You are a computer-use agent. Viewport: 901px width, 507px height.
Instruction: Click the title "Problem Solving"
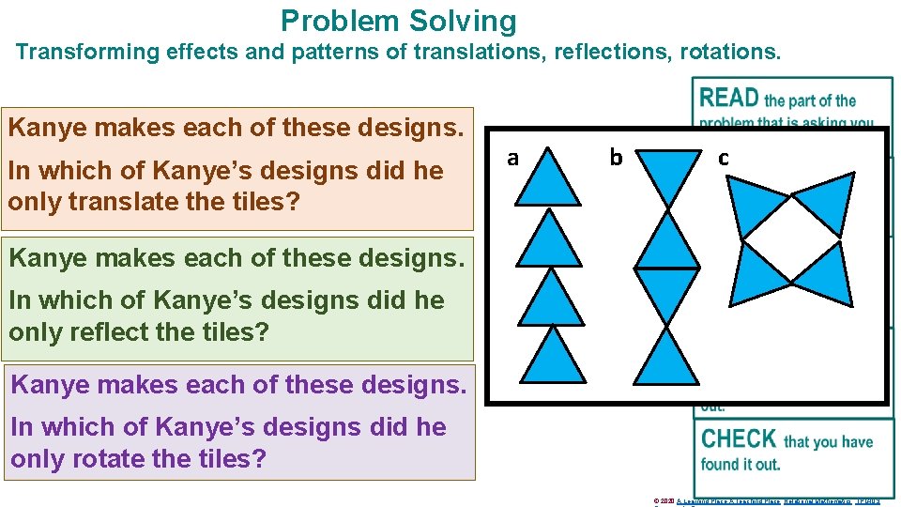pyautogui.click(x=398, y=21)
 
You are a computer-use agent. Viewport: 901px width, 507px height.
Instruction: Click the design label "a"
pyautogui.click(x=512, y=158)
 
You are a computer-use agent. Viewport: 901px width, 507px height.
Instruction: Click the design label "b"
pyautogui.click(x=616, y=158)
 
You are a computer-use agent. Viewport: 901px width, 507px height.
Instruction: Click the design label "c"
pyautogui.click(x=723, y=158)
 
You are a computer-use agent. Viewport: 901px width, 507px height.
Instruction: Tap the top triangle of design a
pyautogui.click(x=549, y=184)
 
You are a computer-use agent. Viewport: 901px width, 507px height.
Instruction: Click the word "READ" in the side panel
pyautogui.click(x=728, y=98)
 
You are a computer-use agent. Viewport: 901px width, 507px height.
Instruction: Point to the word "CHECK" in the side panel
pyautogui.click(x=738, y=439)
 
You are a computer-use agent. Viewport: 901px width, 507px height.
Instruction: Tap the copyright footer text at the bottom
pyautogui.click(x=766, y=501)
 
